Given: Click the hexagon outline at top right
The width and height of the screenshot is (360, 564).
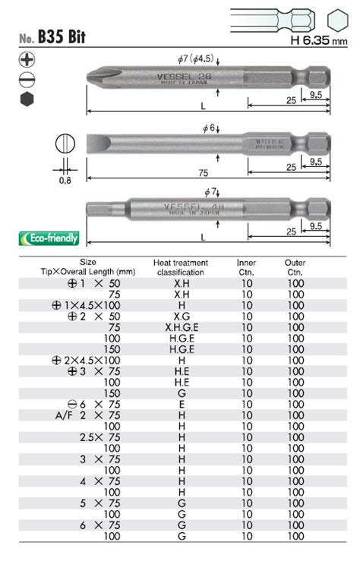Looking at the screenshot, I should click(x=338, y=16).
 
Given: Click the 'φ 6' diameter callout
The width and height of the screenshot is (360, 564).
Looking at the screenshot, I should click(x=210, y=128).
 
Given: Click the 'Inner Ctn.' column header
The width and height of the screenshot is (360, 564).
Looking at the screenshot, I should click(x=246, y=266).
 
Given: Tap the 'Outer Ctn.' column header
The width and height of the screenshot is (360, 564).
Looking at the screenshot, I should click(x=295, y=266).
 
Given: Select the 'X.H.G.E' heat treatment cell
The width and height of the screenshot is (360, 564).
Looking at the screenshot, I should click(x=181, y=326).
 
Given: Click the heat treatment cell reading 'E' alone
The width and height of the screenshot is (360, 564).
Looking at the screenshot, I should click(x=181, y=404).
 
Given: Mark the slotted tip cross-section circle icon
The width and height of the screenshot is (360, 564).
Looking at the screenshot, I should click(x=65, y=145).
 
